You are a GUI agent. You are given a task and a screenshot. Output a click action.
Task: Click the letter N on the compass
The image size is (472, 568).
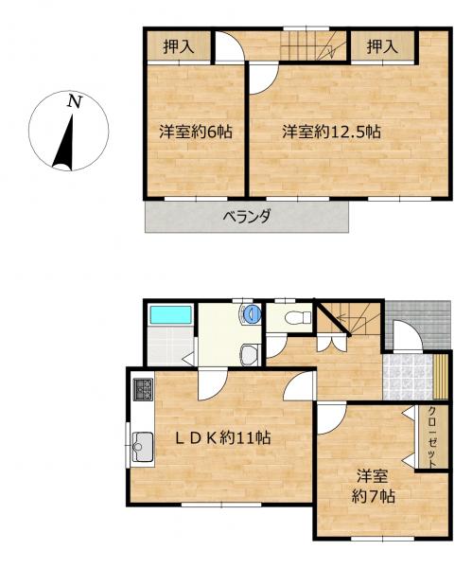coord(75,101)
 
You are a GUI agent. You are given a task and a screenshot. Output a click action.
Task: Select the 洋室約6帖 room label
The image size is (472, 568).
coord(196,132)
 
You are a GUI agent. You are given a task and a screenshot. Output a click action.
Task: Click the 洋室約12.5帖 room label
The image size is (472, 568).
coord(332,132)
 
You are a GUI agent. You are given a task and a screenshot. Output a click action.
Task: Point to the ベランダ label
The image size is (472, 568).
coord(247,217)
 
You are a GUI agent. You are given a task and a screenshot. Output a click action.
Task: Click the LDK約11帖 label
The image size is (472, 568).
coord(223,438)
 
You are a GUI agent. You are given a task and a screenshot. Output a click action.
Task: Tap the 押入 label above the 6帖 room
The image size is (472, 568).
coord(179,47)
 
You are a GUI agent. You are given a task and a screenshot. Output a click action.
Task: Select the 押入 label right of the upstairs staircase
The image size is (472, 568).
coord(382,47)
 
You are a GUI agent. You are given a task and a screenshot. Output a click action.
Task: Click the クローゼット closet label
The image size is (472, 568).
coord(432,437)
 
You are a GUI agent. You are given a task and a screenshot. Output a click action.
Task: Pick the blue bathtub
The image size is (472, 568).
coord(170,315)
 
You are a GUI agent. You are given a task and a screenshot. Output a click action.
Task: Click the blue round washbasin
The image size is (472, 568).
coord(252,313)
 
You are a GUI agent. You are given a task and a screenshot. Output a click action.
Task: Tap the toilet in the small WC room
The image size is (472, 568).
coord(298,318)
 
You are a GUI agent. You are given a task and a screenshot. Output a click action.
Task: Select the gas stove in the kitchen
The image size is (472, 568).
coord(144,389)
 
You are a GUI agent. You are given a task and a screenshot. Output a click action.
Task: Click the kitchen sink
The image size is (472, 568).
coord(142,447)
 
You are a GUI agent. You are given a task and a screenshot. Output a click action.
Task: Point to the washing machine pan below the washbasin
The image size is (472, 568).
coord(250,354)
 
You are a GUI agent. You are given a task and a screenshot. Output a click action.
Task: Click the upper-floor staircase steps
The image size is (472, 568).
coord(313,45)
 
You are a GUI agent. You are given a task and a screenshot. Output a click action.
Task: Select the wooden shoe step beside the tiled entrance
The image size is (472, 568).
coord(441,377)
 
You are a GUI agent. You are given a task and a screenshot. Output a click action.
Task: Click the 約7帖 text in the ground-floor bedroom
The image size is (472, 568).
coord(374,496)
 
